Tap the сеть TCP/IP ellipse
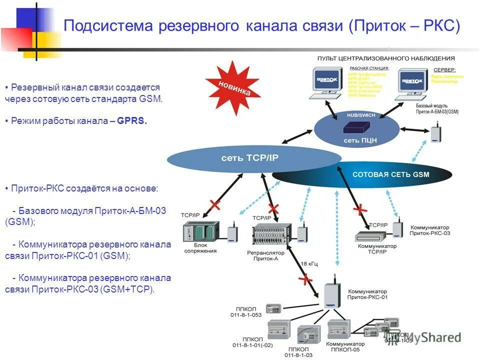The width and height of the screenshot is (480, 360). [x=250, y=158]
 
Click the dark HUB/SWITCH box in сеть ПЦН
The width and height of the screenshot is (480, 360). [x=357, y=126]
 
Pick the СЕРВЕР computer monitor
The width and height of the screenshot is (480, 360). [x=413, y=81]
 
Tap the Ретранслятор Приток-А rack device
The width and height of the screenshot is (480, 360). [x=273, y=234]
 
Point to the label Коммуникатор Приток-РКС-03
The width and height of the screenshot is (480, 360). [x=429, y=230]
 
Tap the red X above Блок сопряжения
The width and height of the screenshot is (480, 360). [x=215, y=204]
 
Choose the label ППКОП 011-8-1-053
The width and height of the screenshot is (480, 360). [x=249, y=312]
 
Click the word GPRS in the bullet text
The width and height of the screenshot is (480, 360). [x=132, y=121]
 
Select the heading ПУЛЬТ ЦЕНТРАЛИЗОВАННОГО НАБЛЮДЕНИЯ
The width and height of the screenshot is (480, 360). [x=386, y=58]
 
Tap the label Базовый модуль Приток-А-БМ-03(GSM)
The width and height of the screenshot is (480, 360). [x=437, y=109]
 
